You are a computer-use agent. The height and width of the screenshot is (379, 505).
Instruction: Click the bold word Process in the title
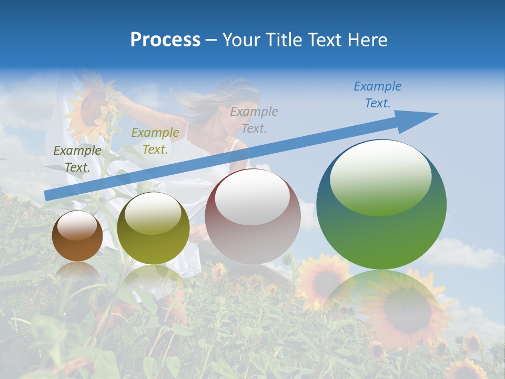165,40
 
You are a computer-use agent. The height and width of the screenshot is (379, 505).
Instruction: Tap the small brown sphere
77,236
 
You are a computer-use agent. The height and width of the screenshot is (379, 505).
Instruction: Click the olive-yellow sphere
153,228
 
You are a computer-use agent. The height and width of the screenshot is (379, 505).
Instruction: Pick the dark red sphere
252,216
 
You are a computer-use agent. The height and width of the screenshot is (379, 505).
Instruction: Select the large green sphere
381,204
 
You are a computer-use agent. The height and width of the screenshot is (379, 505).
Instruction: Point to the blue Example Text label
377,95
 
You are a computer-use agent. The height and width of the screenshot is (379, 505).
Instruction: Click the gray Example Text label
254,120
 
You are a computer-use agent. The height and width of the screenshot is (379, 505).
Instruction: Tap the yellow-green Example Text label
155,141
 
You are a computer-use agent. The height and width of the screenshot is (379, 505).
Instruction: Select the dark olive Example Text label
77,158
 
